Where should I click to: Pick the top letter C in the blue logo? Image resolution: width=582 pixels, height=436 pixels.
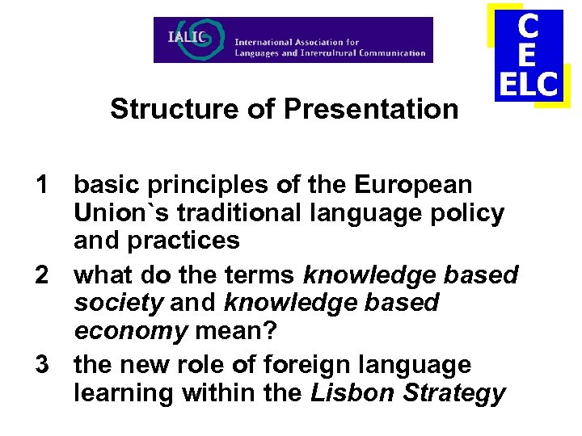point(528,27)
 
